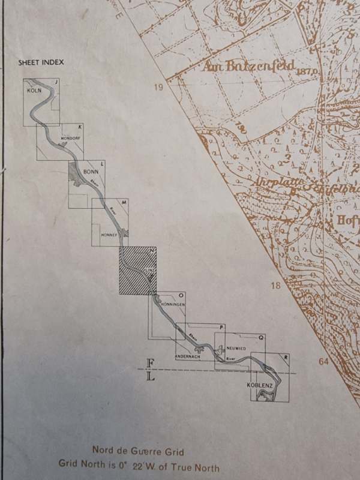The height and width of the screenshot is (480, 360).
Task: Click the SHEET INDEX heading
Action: click(x=41, y=62)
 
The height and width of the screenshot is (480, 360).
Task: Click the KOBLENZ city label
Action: click(x=260, y=385)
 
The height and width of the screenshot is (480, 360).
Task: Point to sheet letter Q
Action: click(x=261, y=337)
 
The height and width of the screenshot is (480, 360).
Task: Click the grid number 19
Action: click(x=158, y=88)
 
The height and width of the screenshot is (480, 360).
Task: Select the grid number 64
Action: click(x=324, y=361)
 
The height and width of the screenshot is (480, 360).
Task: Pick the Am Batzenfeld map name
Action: click(x=248, y=65)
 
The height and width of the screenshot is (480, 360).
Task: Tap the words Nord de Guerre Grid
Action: click(x=138, y=451)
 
